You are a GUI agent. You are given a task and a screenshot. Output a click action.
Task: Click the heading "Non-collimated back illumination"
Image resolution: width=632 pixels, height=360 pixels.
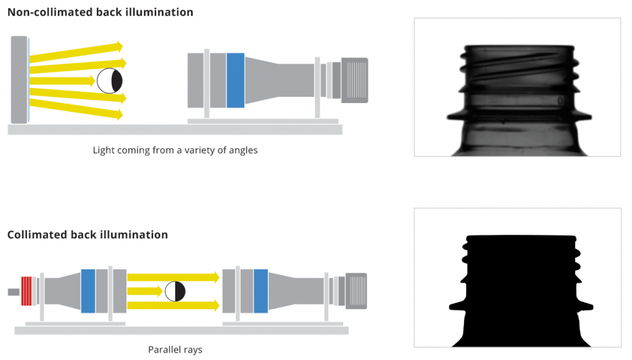point(100,12)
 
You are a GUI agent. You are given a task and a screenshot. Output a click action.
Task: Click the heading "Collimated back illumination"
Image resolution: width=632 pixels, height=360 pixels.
point(88,235)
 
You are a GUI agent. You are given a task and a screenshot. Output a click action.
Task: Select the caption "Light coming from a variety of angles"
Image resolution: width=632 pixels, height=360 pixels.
point(175,150)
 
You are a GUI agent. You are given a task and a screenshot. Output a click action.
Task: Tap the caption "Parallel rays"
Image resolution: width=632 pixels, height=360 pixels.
point(175,350)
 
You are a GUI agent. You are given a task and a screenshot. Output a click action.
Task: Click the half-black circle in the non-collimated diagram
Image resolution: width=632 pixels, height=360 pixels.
point(110,81)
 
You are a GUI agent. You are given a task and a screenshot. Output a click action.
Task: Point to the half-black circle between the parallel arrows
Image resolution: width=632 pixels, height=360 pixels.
point(175,291)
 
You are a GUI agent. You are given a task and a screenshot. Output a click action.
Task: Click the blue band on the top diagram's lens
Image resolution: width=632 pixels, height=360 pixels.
point(235,79)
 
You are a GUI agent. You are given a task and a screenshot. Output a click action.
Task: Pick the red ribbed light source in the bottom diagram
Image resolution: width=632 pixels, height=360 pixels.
point(27,291)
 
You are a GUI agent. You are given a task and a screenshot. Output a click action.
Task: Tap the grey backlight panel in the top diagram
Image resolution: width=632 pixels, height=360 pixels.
point(19,79)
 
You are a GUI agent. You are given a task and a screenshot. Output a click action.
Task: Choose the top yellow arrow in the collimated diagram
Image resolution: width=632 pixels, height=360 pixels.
point(173,277)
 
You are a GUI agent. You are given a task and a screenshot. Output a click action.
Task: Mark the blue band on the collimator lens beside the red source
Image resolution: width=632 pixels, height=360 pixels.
point(88,291)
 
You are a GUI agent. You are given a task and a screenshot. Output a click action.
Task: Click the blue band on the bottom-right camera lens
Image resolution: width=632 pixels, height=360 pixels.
point(260,291)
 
